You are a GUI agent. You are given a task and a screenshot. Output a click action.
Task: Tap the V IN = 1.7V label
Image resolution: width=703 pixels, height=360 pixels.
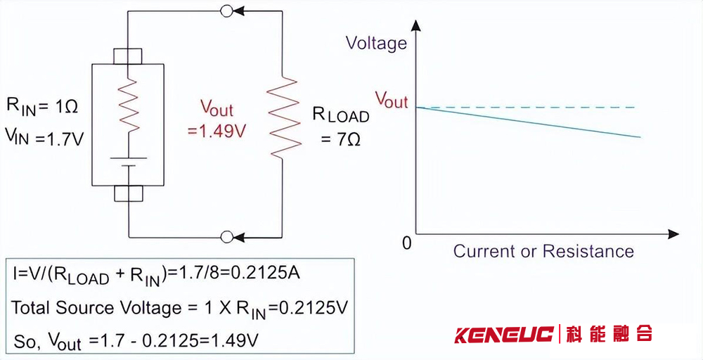click(44, 136)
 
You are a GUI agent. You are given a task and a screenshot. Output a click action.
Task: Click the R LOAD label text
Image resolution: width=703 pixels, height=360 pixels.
click(341, 115)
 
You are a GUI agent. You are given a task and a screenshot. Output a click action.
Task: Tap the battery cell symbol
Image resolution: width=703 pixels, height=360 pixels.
click(128, 162)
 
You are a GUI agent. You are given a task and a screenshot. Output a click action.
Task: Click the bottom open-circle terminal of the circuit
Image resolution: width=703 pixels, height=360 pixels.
click(226, 237)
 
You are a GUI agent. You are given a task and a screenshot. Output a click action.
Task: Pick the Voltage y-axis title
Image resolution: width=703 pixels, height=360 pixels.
click(377, 44)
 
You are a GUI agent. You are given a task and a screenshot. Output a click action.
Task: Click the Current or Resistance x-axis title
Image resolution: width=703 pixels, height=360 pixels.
click(543, 251)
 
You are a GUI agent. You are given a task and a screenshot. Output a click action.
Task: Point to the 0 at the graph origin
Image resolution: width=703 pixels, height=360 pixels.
click(406, 243)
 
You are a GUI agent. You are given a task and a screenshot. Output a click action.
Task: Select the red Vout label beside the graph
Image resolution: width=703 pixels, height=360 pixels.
click(391, 100)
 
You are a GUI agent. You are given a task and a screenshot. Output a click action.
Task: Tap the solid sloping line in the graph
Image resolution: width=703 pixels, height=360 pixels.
click(527, 122)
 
